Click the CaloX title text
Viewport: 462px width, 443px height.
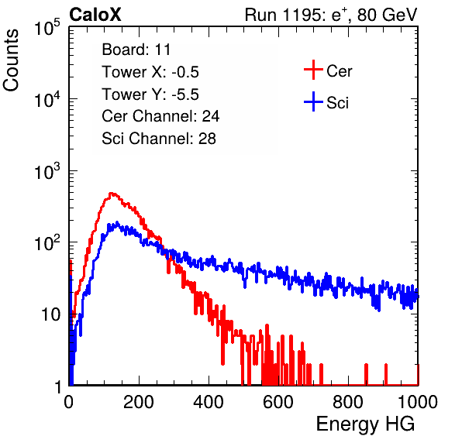pos(95,15)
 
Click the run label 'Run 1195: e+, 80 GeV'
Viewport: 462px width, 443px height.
pos(331,15)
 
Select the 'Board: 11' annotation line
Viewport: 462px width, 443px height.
pos(136,50)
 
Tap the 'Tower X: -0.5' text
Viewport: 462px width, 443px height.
pos(150,72)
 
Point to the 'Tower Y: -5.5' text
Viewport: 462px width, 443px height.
pos(150,94)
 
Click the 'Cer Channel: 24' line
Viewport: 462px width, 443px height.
pos(160,116)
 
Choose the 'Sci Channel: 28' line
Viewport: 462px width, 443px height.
pos(159,139)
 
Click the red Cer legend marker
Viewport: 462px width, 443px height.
pos(313,70)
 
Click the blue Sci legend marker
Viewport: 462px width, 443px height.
pos(313,102)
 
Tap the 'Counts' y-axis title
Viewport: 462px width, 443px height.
pos(11,60)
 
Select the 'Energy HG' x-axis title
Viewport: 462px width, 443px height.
pos(365,424)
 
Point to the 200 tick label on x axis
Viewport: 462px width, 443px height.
pos(139,402)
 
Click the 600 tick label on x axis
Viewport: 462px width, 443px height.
pos(278,402)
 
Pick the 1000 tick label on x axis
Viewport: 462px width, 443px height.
pos(418,402)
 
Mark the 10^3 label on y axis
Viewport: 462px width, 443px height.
pos(47,171)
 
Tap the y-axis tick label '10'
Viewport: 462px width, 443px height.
pos(50,315)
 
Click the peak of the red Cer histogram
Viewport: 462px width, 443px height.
pos(112,194)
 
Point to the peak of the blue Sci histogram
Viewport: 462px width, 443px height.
pos(117,222)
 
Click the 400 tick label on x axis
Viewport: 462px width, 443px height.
pos(209,402)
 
